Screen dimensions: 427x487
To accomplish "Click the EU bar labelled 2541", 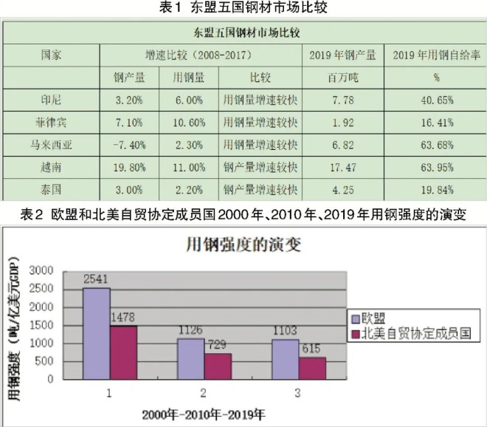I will (97, 332).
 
